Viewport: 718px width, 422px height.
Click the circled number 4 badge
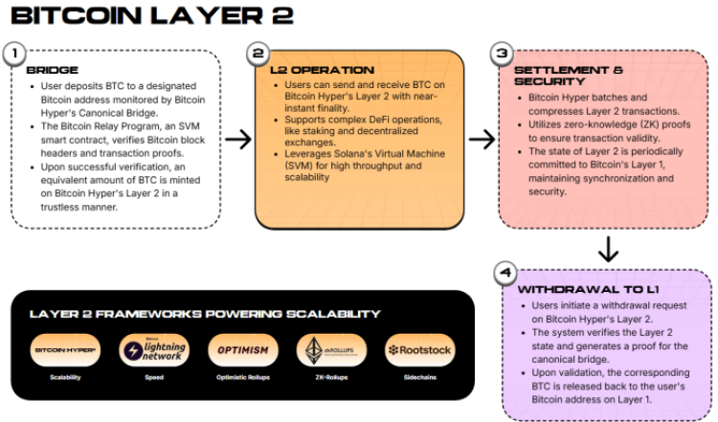pyautogui.click(x=505, y=273)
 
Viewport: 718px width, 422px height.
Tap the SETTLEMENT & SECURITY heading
pyautogui.click(x=569, y=77)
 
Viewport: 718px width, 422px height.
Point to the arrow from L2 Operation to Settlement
pyautogui.click(x=482, y=140)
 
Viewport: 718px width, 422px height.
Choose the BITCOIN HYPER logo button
pyautogui.click(x=66, y=350)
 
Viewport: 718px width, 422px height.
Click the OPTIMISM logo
pyautogui.click(x=242, y=350)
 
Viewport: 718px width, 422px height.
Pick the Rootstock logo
pyautogui.click(x=419, y=350)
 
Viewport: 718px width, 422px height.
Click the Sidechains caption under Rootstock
pyautogui.click(x=419, y=378)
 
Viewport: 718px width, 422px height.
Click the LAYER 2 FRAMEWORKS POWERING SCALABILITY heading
pyautogui.click(x=205, y=314)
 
